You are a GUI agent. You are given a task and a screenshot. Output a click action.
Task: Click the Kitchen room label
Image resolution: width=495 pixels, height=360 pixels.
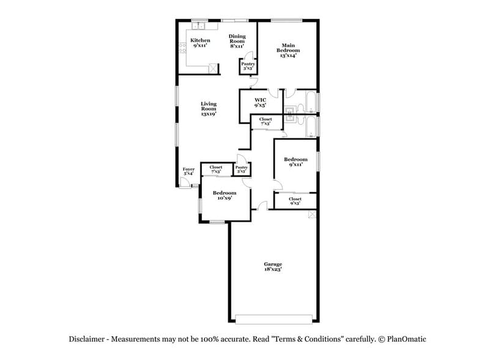(x=201, y=43)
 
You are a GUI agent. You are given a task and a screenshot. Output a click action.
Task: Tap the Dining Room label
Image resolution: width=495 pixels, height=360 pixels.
(x=237, y=41)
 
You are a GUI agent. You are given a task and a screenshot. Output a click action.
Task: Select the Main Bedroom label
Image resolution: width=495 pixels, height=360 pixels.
(x=288, y=50)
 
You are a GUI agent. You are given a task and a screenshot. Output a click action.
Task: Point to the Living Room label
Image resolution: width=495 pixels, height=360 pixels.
(x=209, y=109)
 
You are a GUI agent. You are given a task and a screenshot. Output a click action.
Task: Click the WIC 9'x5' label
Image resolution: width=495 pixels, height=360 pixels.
(x=260, y=102)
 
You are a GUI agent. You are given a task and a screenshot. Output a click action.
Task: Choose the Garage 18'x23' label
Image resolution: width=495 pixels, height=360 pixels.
(x=273, y=266)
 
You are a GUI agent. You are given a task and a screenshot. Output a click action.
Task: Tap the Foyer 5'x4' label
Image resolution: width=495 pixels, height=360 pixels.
(x=188, y=171)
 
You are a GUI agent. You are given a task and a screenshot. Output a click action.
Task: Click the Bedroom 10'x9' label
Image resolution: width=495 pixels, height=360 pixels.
(x=225, y=195)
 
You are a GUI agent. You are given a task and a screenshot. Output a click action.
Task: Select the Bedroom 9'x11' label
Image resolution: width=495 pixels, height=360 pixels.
(x=296, y=162)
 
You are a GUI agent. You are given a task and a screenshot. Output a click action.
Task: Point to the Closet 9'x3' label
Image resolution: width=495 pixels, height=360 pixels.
(x=295, y=201)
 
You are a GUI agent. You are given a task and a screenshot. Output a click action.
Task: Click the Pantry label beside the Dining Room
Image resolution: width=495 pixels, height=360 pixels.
(x=248, y=66)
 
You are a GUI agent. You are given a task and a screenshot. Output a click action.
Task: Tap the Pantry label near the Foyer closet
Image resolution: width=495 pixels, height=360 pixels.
(x=241, y=169)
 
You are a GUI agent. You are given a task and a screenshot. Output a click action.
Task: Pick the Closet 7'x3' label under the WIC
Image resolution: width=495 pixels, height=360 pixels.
(x=266, y=121)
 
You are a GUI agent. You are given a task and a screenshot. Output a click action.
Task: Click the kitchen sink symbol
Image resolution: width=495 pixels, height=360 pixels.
(x=199, y=26)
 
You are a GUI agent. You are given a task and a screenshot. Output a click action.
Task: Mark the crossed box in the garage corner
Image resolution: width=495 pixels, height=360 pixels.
(x=313, y=214)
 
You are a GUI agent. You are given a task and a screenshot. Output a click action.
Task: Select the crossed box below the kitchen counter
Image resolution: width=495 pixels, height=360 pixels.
(x=213, y=69)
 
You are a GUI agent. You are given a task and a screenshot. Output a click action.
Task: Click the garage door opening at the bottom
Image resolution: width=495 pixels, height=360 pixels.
(x=273, y=318)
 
